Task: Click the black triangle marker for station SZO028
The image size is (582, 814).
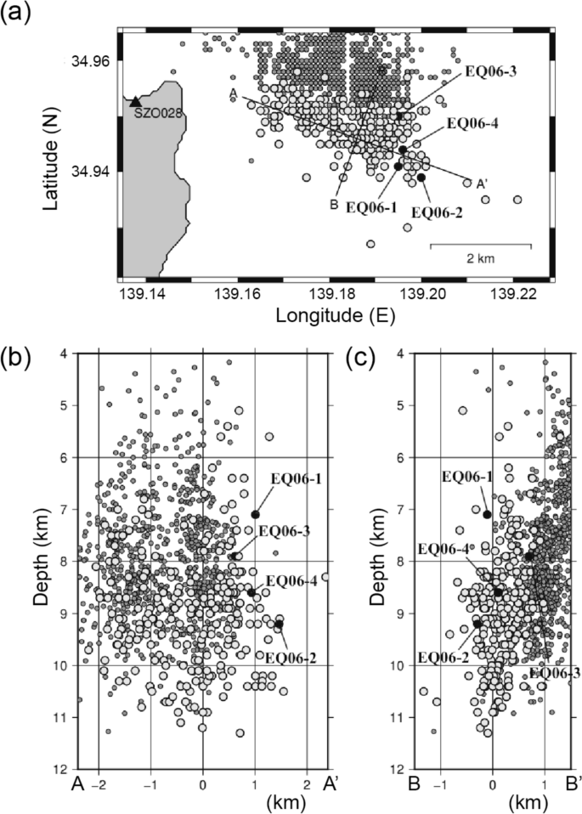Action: pyautogui.click(x=135, y=100)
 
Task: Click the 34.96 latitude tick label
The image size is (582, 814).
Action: pyautogui.click(x=92, y=62)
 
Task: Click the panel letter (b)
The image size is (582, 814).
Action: pyautogui.click(x=18, y=358)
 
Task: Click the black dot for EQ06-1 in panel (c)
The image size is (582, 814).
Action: pyautogui.click(x=487, y=514)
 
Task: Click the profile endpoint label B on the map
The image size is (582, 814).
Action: pyautogui.click(x=335, y=203)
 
